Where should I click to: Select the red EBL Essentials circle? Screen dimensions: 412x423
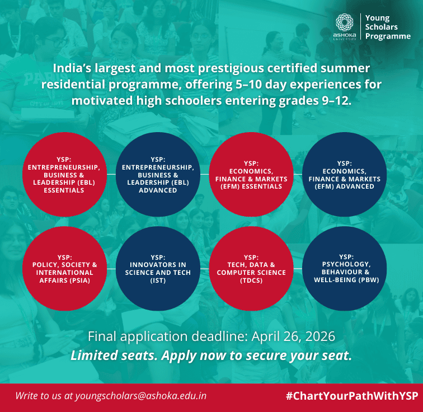pyautogui.click(x=64, y=174)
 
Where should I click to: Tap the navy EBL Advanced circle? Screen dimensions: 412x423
pyautogui.click(x=158, y=174)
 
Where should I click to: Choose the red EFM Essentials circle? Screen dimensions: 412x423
pyautogui.click(x=251, y=174)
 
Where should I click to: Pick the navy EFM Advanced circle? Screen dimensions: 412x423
pyautogui.click(x=345, y=174)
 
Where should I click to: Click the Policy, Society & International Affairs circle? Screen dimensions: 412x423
pyautogui.click(x=64, y=268)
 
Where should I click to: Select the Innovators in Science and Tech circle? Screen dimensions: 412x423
pyautogui.click(x=158, y=268)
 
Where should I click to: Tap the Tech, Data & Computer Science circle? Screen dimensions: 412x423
pyautogui.click(x=251, y=268)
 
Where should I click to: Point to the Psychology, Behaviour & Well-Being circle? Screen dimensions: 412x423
pyautogui.click(x=345, y=268)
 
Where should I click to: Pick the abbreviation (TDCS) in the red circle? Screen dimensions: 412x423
pyautogui.click(x=251, y=281)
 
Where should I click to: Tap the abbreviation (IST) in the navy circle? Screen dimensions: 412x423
pyautogui.click(x=158, y=281)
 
